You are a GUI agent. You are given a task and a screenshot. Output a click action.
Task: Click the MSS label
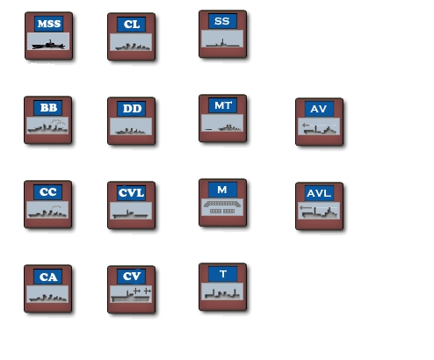tap(49, 24)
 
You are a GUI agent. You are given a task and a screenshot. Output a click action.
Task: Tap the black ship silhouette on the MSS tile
tap(48, 45)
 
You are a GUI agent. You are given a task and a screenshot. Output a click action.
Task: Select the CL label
tap(132, 25)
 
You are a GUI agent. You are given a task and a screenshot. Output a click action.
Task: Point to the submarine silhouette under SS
tap(222, 44)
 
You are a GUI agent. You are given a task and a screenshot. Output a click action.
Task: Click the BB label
tap(48, 108)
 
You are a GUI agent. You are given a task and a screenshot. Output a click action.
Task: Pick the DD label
tap(132, 109)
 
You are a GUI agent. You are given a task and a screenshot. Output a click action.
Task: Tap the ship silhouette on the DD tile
tap(131, 131)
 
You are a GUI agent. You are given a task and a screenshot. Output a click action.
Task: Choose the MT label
tap(223, 105)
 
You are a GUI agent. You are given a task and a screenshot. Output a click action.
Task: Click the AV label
tap(318, 109)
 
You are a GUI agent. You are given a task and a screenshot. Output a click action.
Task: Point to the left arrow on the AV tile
tap(306, 125)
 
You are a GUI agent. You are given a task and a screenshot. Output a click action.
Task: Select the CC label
tap(48, 192)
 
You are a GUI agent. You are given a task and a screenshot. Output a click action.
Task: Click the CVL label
tap(131, 193)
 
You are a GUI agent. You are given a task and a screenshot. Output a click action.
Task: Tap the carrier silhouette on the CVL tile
tap(130, 214)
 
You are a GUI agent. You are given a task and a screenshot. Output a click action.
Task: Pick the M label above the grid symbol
tap(222, 190)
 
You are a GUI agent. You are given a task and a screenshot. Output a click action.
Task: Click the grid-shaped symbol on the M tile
tap(222, 207)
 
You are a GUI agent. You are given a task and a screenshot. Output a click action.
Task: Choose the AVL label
tap(319, 193)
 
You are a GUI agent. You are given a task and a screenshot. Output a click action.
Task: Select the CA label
tap(48, 277)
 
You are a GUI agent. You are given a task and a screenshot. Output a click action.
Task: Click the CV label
tap(132, 276)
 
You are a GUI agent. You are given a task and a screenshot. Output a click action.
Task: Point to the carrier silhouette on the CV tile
tap(131, 296)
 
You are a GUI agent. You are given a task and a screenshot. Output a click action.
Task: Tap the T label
tap(223, 274)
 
